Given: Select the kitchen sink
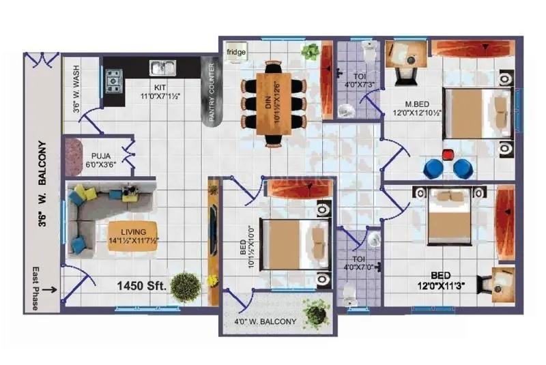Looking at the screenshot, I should [x=162, y=67].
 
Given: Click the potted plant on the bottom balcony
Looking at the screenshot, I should [x=315, y=312].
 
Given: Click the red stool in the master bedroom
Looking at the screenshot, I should [x=448, y=154].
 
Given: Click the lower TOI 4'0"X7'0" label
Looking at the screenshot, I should [x=359, y=263].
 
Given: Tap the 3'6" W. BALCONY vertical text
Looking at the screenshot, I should [x=43, y=184].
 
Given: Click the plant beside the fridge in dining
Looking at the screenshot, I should [x=311, y=50].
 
